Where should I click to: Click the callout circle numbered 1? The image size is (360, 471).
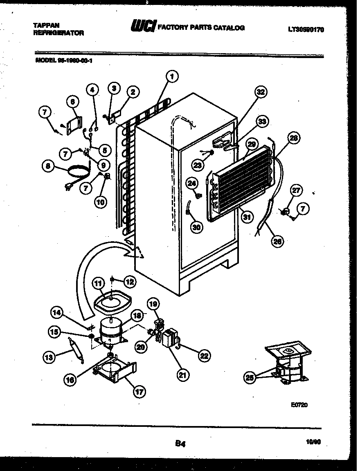[172, 76]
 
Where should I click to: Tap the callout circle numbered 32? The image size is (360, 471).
[260, 92]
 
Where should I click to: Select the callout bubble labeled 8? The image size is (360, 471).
[49, 166]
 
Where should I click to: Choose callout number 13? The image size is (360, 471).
[49, 357]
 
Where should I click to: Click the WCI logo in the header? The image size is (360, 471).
[143, 27]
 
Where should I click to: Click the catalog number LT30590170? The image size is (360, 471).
[306, 29]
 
